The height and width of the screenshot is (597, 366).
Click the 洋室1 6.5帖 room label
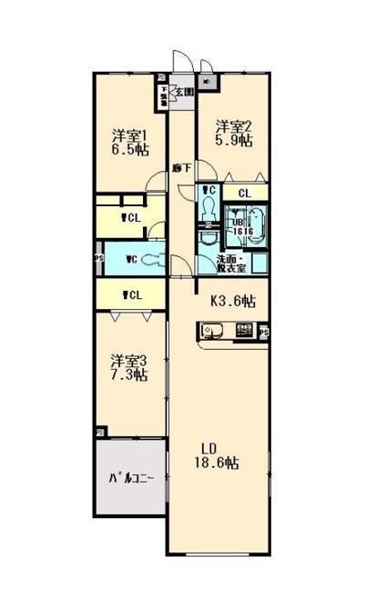131,141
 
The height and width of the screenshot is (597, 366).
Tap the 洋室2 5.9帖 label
234,133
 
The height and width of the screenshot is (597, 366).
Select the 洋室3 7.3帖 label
129,366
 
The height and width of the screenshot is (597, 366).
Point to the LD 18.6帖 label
219,455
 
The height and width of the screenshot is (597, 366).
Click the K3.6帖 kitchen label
233,301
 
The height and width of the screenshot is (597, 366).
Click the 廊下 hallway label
181,167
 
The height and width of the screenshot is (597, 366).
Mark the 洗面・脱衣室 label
231,263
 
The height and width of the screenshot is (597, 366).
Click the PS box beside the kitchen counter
264,333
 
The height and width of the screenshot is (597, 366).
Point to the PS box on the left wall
98,258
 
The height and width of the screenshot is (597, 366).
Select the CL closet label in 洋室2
245,193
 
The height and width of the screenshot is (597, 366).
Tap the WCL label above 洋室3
131,294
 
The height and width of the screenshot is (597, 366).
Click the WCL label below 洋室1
129,217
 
